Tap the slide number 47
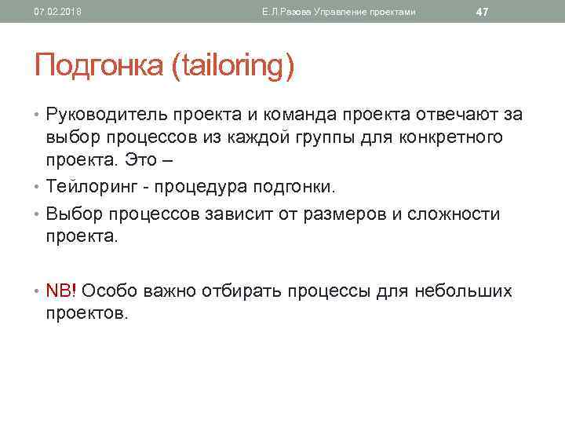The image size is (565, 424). pyautogui.click(x=483, y=12)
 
